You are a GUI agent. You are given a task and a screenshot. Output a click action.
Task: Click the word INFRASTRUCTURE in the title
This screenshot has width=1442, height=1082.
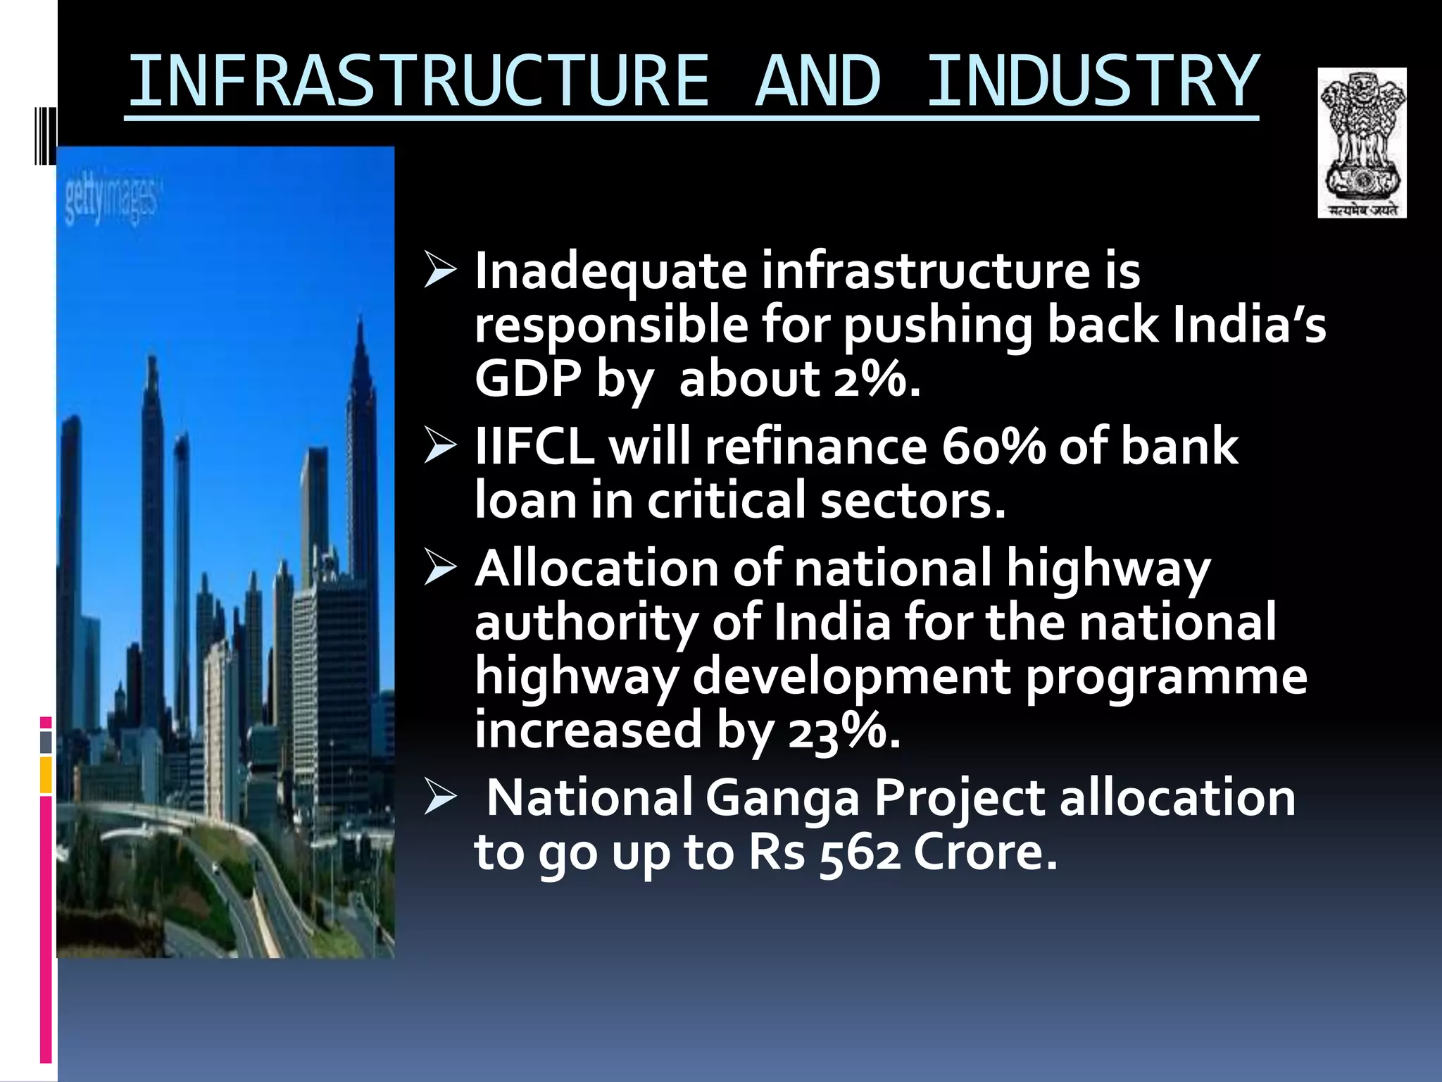point(418,82)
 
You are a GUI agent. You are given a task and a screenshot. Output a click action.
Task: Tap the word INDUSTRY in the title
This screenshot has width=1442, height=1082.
point(1092,82)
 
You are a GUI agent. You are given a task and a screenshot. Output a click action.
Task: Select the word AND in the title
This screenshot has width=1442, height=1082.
point(817,82)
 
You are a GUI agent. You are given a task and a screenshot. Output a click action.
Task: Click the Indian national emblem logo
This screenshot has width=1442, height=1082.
point(1362,142)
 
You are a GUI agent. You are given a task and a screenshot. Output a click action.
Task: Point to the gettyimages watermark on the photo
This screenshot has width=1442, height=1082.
point(112,203)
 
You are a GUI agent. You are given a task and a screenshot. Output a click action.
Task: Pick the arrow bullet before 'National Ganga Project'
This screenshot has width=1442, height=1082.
point(441,799)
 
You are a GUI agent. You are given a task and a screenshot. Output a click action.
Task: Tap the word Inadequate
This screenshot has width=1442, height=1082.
point(610,272)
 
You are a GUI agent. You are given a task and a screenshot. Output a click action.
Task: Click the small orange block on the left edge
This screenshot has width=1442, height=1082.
point(46,774)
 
